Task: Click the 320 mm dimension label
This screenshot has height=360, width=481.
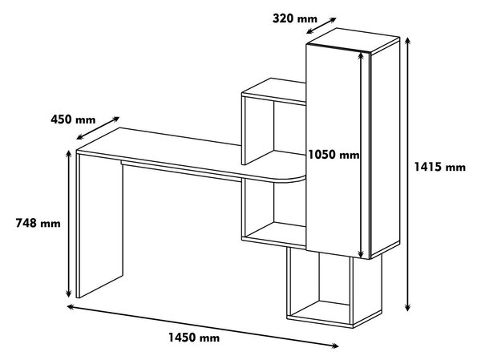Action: click(x=295, y=18)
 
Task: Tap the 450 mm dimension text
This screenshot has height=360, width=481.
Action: click(x=73, y=119)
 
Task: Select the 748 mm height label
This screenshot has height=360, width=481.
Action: click(x=38, y=223)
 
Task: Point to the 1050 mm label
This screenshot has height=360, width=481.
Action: click(x=333, y=155)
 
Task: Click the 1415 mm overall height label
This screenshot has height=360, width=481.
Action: click(x=440, y=167)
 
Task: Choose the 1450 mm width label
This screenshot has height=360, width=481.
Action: click(x=194, y=338)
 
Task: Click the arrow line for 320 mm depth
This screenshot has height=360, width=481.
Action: click(x=321, y=26)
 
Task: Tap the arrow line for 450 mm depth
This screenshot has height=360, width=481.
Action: click(x=98, y=128)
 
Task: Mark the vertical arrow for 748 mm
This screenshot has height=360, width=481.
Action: click(x=69, y=224)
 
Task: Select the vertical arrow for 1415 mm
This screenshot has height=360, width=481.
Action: click(x=407, y=174)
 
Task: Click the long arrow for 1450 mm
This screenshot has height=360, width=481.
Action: click(x=203, y=326)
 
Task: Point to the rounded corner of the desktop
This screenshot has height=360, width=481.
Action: click(x=294, y=180)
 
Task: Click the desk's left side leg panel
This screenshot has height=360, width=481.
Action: click(x=100, y=225)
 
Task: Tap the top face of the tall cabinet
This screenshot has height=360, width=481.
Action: click(x=353, y=41)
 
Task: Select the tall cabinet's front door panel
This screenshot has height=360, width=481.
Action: click(x=333, y=151)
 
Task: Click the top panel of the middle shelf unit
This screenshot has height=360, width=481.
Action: click(x=274, y=90)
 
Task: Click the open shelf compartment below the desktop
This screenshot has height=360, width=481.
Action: click(x=274, y=212)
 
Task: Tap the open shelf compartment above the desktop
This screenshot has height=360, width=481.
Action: click(x=274, y=129)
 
